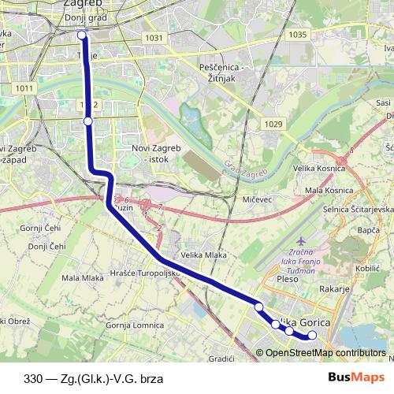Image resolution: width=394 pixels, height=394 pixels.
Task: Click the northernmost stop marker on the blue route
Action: (x=82, y=35)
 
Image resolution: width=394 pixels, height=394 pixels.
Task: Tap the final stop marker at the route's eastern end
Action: (x=312, y=335)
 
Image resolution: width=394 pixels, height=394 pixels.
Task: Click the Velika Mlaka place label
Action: (x=204, y=256)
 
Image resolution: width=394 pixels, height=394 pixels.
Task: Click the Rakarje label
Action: (x=333, y=289)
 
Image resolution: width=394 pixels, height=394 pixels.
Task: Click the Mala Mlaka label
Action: (x=83, y=278)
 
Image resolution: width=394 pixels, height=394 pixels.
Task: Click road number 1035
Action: (x=297, y=35)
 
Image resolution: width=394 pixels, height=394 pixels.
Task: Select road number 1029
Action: (x=273, y=125)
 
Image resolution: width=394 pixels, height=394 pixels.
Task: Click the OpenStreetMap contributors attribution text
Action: (x=325, y=352)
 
